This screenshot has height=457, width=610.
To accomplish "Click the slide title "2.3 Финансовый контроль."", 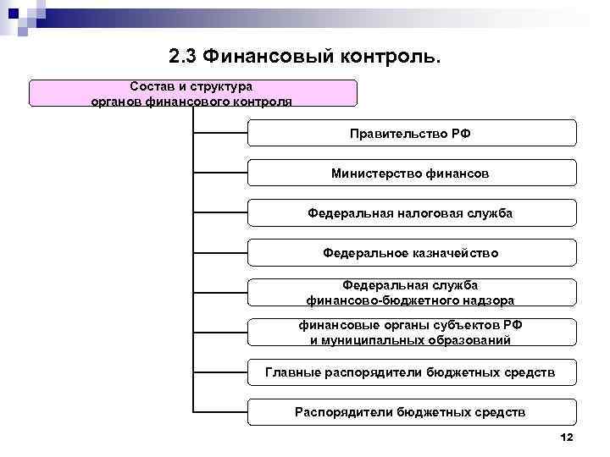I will click(x=305, y=57).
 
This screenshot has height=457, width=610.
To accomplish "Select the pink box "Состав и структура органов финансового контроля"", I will click(x=192, y=93).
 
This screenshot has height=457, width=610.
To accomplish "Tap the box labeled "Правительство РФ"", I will click(x=411, y=133).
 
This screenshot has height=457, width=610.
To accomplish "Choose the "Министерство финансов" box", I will click(x=411, y=173).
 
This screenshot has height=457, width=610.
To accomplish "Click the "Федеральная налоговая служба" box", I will click(x=411, y=212).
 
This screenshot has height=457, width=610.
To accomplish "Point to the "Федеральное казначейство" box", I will click(x=411, y=252).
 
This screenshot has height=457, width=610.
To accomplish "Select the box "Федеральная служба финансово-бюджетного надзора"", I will click(x=411, y=292).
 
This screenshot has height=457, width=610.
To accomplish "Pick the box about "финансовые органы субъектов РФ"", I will click(x=411, y=332).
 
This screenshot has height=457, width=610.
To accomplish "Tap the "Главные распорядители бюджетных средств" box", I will click(x=411, y=372).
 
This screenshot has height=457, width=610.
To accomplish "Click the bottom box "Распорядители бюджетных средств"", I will click(x=411, y=412).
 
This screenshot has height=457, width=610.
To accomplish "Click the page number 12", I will click(x=567, y=437).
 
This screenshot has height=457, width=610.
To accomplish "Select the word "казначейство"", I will click(x=452, y=252).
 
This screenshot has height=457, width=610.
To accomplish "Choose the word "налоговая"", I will click(x=419, y=212).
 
